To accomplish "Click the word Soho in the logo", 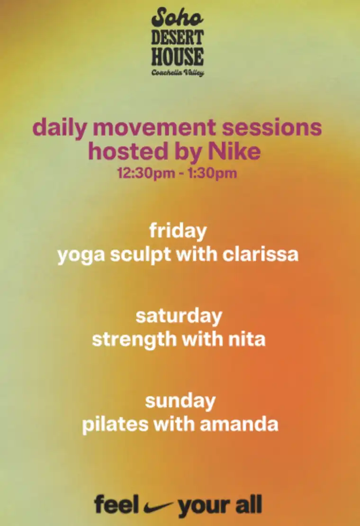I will (x=178, y=18).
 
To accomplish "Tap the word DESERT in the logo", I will (x=177, y=37).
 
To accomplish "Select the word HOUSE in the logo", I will (x=178, y=57).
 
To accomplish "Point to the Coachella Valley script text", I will (x=178, y=73).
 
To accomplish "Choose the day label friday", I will (x=178, y=231).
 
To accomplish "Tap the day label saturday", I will (x=179, y=316).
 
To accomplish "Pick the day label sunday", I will (x=180, y=401).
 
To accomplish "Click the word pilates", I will (x=108, y=424).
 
